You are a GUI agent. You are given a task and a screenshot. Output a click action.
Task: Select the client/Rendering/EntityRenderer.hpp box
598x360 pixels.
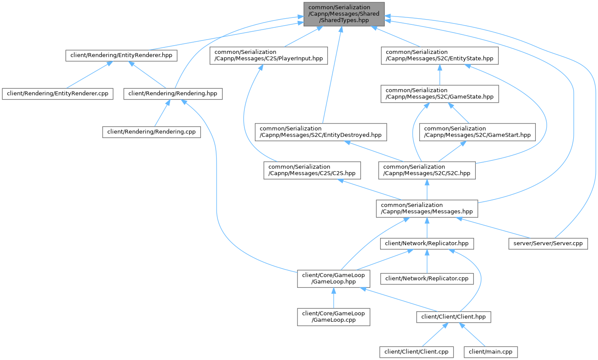121,55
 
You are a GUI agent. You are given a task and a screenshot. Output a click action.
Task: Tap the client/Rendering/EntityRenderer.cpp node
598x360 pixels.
57,93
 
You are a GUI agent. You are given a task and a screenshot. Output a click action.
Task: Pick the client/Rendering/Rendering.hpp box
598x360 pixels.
173,93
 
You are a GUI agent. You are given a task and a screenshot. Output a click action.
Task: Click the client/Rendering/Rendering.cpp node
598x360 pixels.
152,132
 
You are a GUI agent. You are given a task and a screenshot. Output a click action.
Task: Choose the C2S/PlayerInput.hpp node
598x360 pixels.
269,55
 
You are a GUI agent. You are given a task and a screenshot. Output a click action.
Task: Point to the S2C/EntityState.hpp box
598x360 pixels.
440,55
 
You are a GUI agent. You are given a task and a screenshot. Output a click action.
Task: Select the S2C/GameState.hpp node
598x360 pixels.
439,93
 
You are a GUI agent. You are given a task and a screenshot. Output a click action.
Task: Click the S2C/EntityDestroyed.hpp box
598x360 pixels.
321,132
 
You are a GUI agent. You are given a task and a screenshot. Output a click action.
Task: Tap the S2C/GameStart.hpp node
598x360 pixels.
478,132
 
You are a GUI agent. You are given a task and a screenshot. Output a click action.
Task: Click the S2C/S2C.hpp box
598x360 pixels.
427,170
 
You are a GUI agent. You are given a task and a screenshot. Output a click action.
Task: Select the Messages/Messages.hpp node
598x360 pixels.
427,208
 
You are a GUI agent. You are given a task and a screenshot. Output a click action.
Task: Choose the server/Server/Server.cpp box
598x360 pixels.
548,243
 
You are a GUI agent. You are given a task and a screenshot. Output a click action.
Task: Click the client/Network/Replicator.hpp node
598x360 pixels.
427,243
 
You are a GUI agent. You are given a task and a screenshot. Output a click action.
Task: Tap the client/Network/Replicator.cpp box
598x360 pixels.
427,278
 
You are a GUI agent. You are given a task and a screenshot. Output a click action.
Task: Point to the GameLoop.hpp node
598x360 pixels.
333,278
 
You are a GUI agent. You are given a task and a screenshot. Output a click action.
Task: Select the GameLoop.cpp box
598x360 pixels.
333,317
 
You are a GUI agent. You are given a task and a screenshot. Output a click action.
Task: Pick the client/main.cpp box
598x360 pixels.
491,351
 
